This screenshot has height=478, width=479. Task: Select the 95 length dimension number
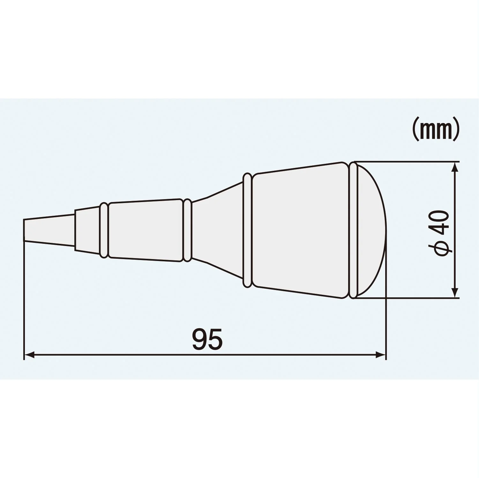click(x=207, y=338)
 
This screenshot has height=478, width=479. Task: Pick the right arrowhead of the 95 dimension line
click(x=380, y=355)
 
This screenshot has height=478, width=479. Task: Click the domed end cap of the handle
click(x=371, y=229)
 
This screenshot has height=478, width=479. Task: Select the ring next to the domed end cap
click(x=352, y=230)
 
